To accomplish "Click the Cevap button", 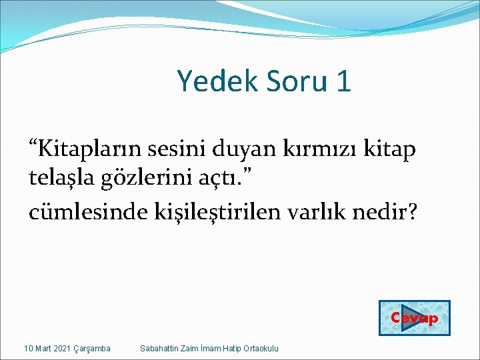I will [x=414, y=318].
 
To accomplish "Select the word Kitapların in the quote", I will [x=80, y=149].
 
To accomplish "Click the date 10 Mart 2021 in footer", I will [x=47, y=348].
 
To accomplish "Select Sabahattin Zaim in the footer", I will [x=165, y=348].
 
